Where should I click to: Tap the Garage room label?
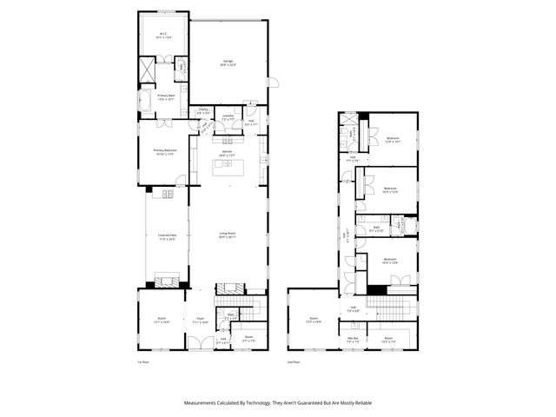[x=228, y=63]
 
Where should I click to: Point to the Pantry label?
[x=203, y=111]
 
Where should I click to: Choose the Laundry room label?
[x=228, y=116]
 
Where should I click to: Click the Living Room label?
[x=228, y=235]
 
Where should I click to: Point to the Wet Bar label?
[x=354, y=339]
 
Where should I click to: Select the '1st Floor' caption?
[x=144, y=361]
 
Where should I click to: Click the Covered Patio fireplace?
[x=166, y=279]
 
